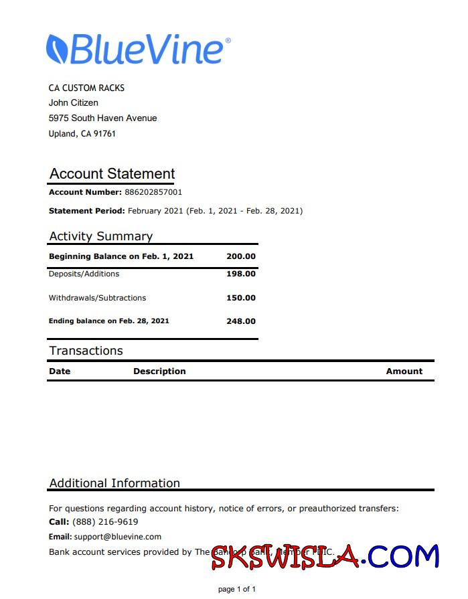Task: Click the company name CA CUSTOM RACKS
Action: pos(86,88)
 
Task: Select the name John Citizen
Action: pos(74,103)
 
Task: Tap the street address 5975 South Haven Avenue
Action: pos(102,118)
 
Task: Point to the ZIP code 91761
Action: pos(105,134)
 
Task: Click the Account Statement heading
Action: pos(112,174)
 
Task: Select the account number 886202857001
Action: pos(153,192)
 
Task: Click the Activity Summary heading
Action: pos(100,236)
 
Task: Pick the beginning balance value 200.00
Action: pos(241,256)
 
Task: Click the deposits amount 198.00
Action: pos(241,274)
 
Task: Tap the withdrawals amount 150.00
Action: pos(241,298)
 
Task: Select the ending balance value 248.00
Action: pos(241,321)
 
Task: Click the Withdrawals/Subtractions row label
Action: pos(97,298)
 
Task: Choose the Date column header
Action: pos(60,371)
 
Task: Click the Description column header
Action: pos(159,371)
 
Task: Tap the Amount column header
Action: pos(404,371)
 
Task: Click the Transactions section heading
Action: pos(86,351)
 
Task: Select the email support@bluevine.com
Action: pos(118,537)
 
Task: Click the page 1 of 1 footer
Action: pos(237,589)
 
